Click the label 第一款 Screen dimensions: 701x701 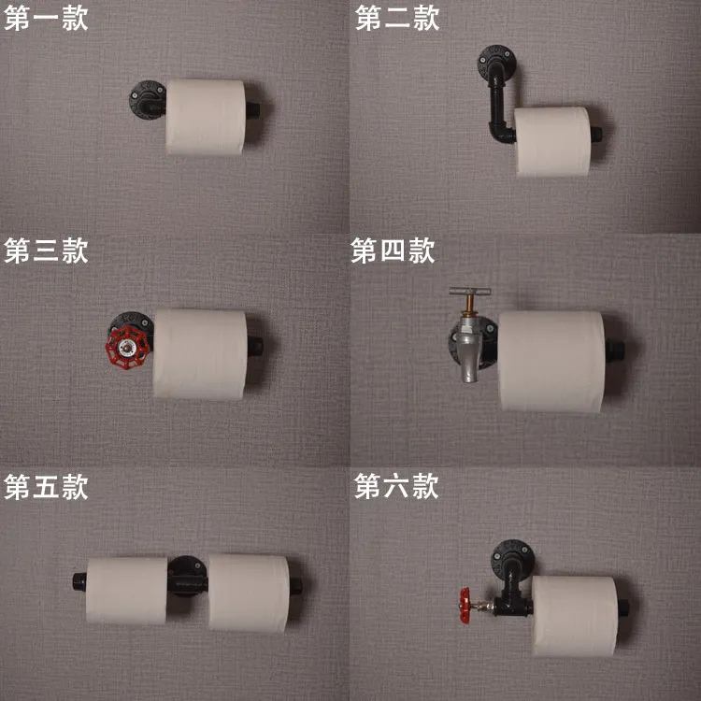coord(46,19)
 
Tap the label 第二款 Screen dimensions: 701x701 coord(397,19)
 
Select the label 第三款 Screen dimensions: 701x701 coord(46,250)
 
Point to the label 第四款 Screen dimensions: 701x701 coord(393,250)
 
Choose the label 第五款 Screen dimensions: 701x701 coord(46,487)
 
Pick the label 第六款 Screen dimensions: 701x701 coord(396,486)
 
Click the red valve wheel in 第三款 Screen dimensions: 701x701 coord(127,347)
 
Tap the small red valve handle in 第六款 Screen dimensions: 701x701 coord(465,606)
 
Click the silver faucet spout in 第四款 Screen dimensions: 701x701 coord(468,353)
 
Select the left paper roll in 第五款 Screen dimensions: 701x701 coord(126,591)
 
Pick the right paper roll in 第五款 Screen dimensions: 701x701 coord(249,593)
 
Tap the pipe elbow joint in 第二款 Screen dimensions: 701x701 coord(501,133)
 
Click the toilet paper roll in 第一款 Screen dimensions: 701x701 coord(206,117)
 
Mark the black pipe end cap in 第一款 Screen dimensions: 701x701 coord(252,110)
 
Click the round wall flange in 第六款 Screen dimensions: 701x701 coord(512,557)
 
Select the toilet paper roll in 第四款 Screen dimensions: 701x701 coord(551,361)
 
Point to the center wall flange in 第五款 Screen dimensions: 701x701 coord(187,577)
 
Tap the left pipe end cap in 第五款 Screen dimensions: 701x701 coord(79,581)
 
